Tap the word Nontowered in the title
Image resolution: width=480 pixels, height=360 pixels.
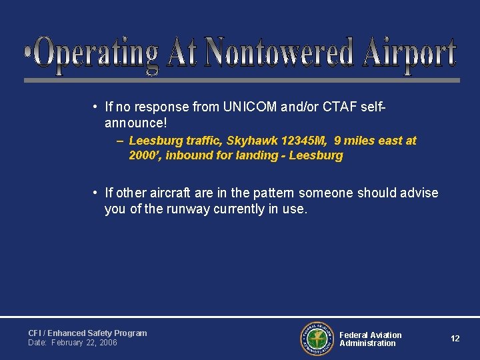coord(279,53)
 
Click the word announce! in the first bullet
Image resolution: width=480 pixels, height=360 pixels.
coord(136,123)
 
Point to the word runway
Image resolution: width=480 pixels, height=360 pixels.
coord(179,209)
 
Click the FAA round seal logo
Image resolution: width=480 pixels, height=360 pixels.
coord(317,339)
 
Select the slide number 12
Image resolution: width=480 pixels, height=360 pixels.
coord(455,339)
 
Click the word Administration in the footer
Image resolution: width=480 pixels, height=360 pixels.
coord(367,343)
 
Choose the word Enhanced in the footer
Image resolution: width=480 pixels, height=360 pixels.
coord(66,333)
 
